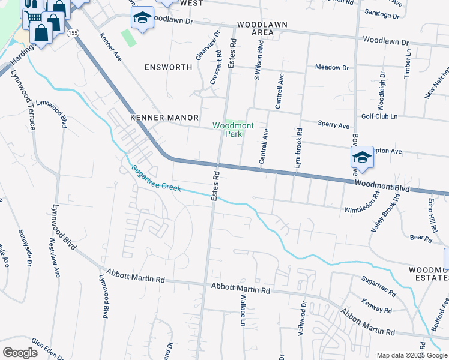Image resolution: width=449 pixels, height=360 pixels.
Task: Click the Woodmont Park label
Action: [228, 130]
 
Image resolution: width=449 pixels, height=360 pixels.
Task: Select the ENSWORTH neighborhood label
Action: [168, 67]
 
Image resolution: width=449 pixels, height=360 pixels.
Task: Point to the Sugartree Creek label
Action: [157, 179]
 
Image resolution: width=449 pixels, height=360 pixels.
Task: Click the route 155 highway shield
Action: [73, 32]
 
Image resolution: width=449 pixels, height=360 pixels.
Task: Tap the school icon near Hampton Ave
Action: [363, 158]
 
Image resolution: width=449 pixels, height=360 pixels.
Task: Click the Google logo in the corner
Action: [20, 353]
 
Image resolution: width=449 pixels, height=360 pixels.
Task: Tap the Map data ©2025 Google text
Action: [411, 355]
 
